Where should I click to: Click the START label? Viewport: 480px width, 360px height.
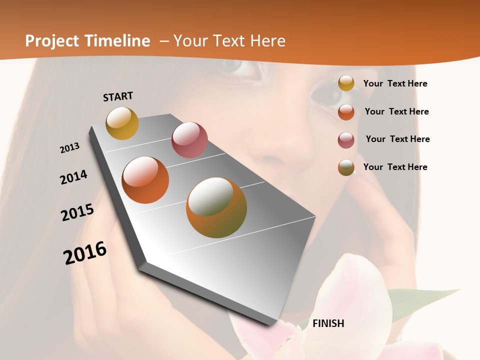click(118, 96)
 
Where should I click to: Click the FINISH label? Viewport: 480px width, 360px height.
click(328, 323)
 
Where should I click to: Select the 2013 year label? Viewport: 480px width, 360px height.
click(69, 148)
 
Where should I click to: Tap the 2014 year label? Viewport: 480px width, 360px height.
click(73, 177)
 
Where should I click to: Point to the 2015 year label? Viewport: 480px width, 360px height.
click(77, 212)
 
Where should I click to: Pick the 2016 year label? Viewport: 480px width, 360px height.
click(85, 253)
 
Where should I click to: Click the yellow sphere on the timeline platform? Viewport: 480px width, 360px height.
click(122, 123)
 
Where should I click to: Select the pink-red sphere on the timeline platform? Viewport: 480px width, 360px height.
click(189, 140)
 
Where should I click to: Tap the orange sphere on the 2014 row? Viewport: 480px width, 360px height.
click(145, 180)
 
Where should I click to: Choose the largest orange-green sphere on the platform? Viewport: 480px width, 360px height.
click(216, 207)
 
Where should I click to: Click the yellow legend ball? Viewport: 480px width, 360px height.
click(346, 83)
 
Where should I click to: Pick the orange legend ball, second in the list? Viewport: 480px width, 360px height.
click(346, 112)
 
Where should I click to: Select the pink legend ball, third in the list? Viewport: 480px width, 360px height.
click(346, 140)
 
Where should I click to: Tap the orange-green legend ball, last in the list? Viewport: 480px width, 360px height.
click(346, 167)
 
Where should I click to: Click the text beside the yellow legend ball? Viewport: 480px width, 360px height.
click(395, 84)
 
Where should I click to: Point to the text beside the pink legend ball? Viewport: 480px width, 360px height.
click(397, 139)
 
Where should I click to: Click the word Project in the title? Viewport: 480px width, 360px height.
click(52, 41)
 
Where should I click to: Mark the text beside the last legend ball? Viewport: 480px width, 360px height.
click(395, 167)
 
